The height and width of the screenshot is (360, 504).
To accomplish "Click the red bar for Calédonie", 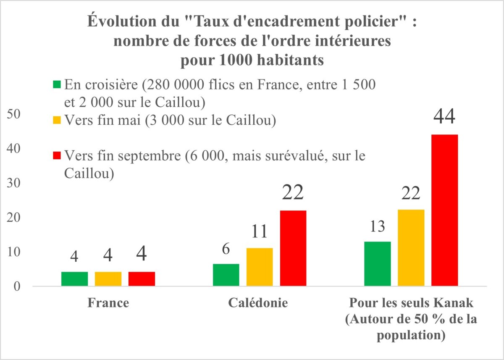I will [x=293, y=248].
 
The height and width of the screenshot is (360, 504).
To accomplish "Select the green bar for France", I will [x=74, y=279].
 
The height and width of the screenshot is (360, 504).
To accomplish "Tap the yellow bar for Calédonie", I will [x=260, y=267].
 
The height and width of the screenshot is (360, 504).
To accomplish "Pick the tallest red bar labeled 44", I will [x=445, y=210].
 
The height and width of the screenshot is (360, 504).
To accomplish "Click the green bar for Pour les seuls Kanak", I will [x=378, y=264].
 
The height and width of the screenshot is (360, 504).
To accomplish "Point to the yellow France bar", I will [x=108, y=279].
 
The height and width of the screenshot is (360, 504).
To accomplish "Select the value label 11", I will [x=260, y=231].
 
